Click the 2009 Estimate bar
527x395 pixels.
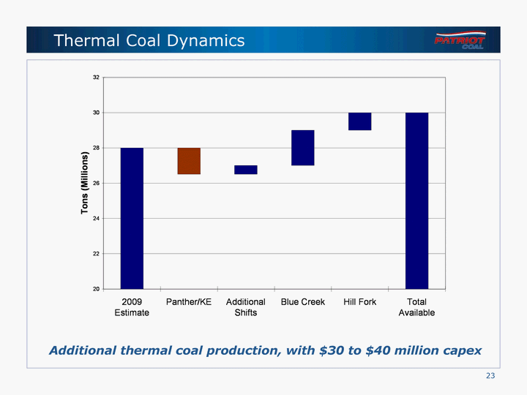click(132, 218)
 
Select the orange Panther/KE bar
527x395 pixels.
click(189, 161)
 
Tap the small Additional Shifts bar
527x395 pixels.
click(246, 170)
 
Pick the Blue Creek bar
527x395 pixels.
click(303, 148)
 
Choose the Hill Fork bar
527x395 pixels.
click(359, 121)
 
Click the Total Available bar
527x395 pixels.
click(416, 200)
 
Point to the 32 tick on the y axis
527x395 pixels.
click(97, 77)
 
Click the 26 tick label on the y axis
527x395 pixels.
click(97, 183)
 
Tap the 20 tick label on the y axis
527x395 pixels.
click(97, 289)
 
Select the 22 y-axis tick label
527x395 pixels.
click(97, 254)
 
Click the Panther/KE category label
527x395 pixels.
click(189, 302)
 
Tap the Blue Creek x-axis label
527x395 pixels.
click(303, 302)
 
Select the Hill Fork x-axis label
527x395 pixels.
click(359, 302)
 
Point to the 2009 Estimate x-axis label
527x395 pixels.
click(132, 307)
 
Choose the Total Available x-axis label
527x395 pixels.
click(416, 307)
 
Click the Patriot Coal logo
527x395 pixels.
click(460, 39)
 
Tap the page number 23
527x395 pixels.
click(490, 376)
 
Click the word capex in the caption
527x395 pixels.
click(462, 350)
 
